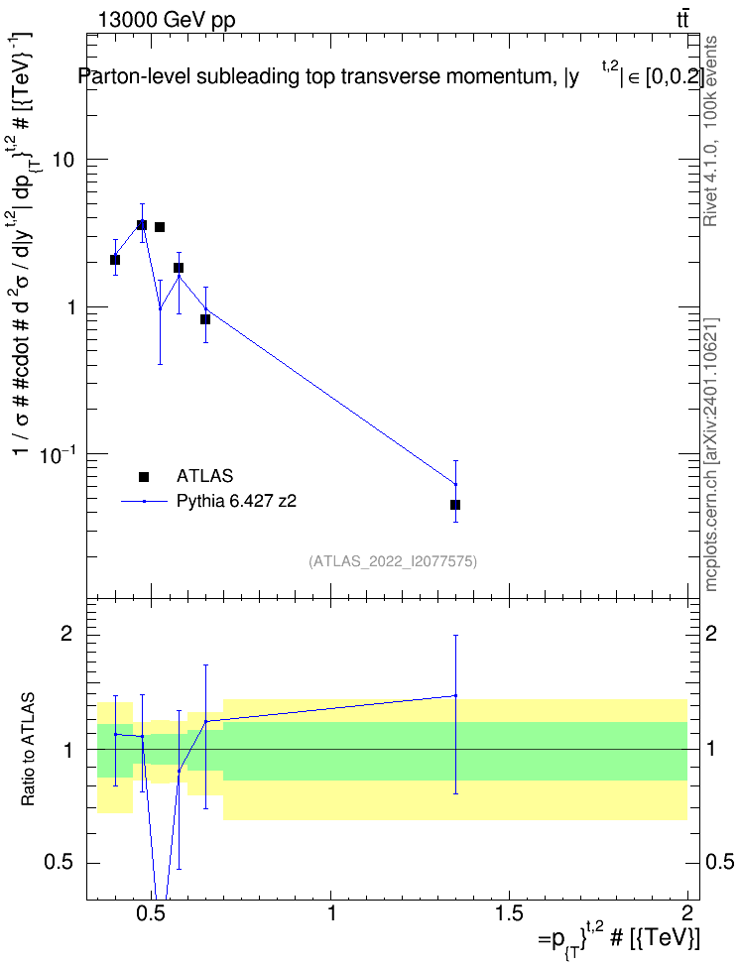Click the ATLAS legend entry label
tap(204, 476)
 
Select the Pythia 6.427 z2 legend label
tap(236, 501)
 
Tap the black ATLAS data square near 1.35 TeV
tap(455, 505)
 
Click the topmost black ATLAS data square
tap(142, 225)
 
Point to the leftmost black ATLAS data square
tap(115, 260)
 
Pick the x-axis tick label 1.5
tap(509, 912)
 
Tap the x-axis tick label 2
tap(687, 912)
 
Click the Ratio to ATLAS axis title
tap(28, 750)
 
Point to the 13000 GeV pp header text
tap(167, 20)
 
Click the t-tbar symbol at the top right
tap(682, 19)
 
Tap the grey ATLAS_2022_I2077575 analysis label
tap(393, 561)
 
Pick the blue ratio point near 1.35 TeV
tap(455, 696)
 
